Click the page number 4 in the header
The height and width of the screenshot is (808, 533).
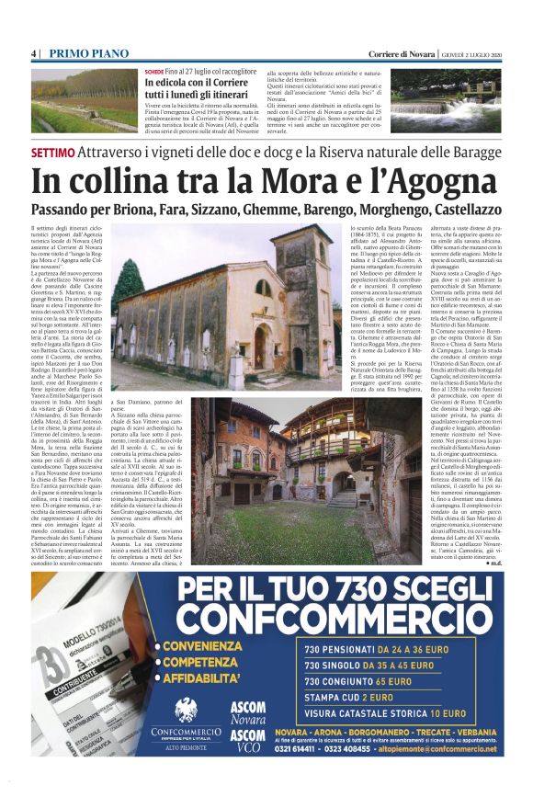[33, 54]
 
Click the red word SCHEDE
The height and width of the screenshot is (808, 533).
[153, 72]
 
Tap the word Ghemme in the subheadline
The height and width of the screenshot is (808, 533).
[275, 210]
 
